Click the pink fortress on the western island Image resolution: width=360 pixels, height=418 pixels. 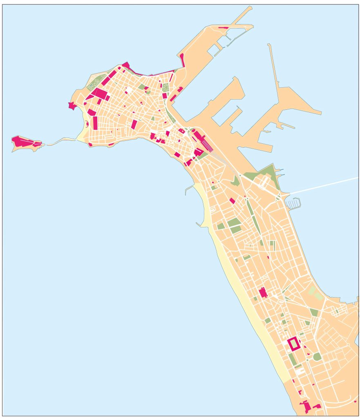pos(22,142)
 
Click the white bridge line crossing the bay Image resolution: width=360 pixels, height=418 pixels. pos(323,186)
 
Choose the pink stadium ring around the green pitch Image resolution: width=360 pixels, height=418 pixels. pos(289,344)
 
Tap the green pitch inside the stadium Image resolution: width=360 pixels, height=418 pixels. pos(294,344)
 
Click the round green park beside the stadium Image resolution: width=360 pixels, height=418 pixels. pos(317,356)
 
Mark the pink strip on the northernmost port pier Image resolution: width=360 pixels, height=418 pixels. pos(223,27)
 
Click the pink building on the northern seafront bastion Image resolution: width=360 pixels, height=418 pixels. pos(125,65)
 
